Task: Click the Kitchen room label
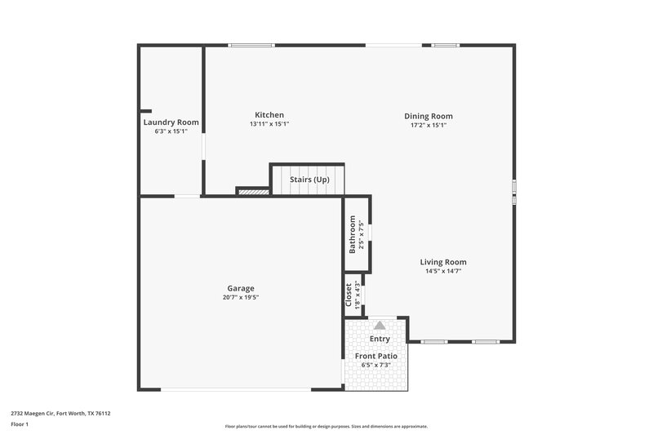pyautogui.click(x=269, y=115)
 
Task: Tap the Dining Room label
pyautogui.click(x=429, y=116)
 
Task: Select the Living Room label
pyautogui.click(x=443, y=262)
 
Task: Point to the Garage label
pyautogui.click(x=241, y=288)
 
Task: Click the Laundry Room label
pyautogui.click(x=171, y=122)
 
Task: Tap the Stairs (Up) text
pyautogui.click(x=310, y=180)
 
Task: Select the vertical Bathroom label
pyautogui.click(x=353, y=234)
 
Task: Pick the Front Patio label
pyautogui.click(x=375, y=356)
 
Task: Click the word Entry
pyautogui.click(x=380, y=339)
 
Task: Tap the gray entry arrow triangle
pyautogui.click(x=380, y=325)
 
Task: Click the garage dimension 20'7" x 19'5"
pyautogui.click(x=241, y=297)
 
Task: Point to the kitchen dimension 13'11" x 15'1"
pyautogui.click(x=269, y=124)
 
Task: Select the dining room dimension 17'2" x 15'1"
pyautogui.click(x=429, y=125)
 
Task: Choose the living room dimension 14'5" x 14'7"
pyautogui.click(x=443, y=271)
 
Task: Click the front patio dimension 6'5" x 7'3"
pyautogui.click(x=375, y=365)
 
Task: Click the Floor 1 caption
pyautogui.click(x=20, y=424)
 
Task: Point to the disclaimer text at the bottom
pyautogui.click(x=326, y=426)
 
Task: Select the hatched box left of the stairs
pyautogui.click(x=253, y=192)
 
